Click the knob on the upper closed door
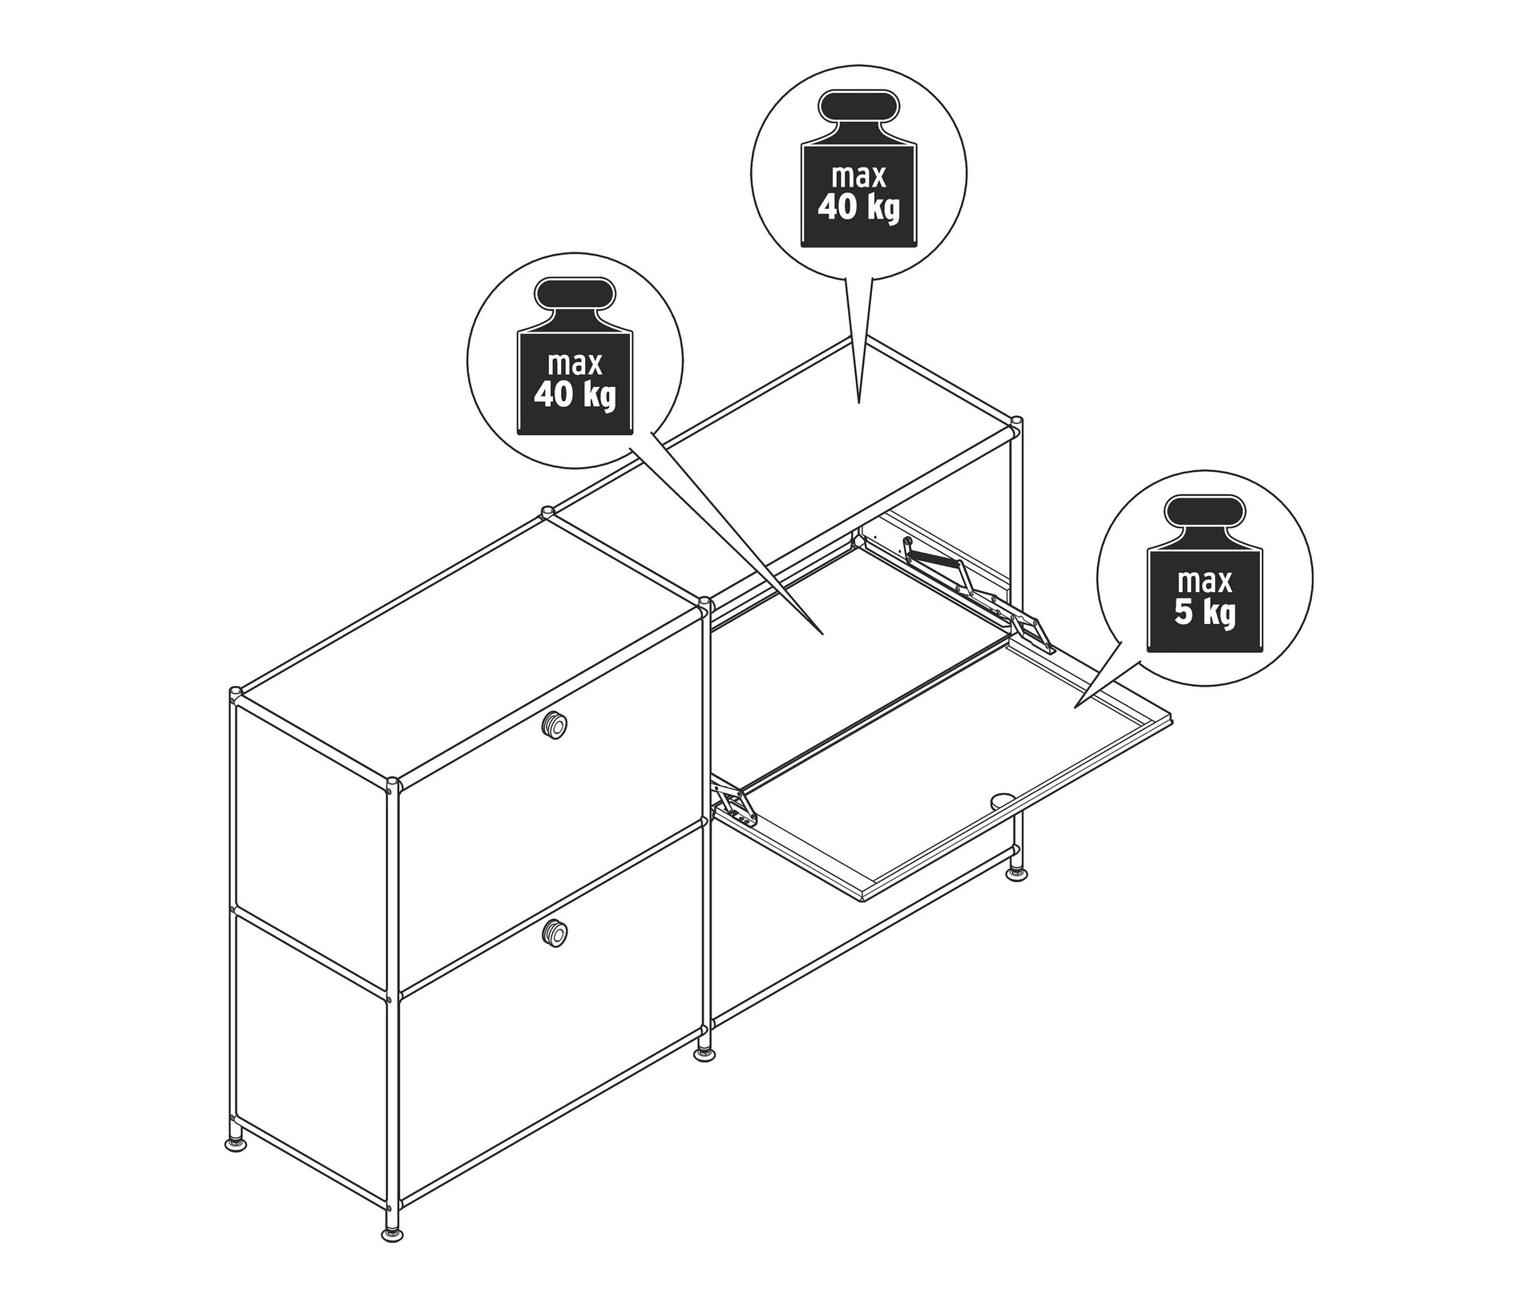[553, 724]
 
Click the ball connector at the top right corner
[1016, 425]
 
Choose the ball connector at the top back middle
[547, 512]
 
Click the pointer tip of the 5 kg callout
[1075, 706]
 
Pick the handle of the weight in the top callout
[859, 108]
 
